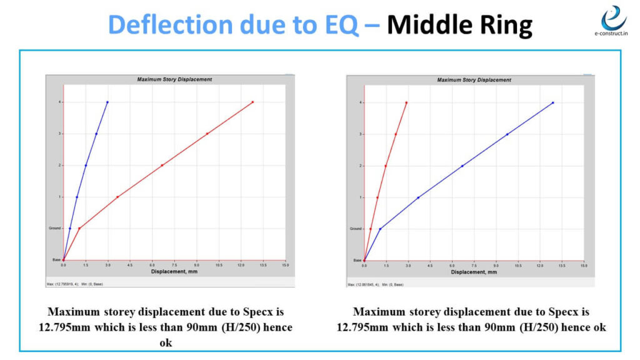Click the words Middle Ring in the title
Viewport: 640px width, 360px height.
pyautogui.click(x=459, y=26)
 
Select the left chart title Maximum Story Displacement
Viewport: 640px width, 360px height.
pyautogui.click(x=174, y=79)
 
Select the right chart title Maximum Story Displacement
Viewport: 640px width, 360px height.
pyautogui.click(x=474, y=80)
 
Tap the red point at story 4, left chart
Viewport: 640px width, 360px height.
pyautogui.click(x=252, y=102)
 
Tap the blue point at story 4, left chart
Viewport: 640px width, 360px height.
pyautogui.click(x=107, y=102)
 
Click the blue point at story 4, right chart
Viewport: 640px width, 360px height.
pyautogui.click(x=553, y=102)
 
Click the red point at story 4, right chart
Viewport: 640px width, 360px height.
pyautogui.click(x=406, y=102)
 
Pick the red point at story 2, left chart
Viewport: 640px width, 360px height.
pyautogui.click(x=162, y=166)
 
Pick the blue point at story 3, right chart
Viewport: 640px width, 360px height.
pyautogui.click(x=507, y=134)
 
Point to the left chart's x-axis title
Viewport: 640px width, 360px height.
pyautogui.click(x=174, y=271)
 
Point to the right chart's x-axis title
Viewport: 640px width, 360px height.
pyautogui.click(x=474, y=272)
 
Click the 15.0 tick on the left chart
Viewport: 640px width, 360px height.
pyautogui.click(x=286, y=266)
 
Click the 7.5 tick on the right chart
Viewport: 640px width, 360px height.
pyautogui.click(x=474, y=266)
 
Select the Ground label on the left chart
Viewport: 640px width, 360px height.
pyautogui.click(x=56, y=228)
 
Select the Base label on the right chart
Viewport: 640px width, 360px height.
pyautogui.click(x=357, y=260)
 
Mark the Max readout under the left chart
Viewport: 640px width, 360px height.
pyautogui.click(x=62, y=284)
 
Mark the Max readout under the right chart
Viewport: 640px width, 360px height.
pyautogui.click(x=363, y=284)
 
